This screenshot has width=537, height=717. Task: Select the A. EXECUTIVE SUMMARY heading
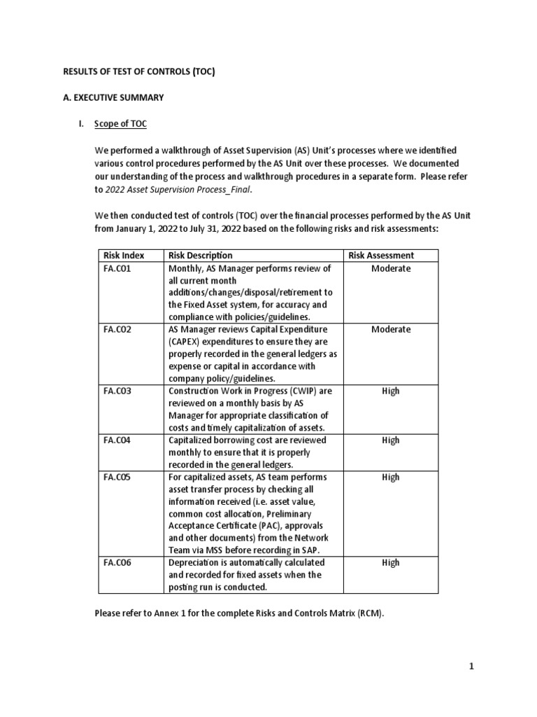coord(114,97)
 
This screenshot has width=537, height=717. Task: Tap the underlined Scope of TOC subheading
coord(120,124)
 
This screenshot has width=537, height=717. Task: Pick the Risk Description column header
coord(200,256)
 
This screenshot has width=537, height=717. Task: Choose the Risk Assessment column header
coord(380,256)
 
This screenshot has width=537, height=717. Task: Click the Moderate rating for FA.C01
coord(390,268)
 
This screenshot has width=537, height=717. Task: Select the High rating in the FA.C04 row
coord(390,440)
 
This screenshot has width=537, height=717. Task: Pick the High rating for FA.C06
coord(390,562)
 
